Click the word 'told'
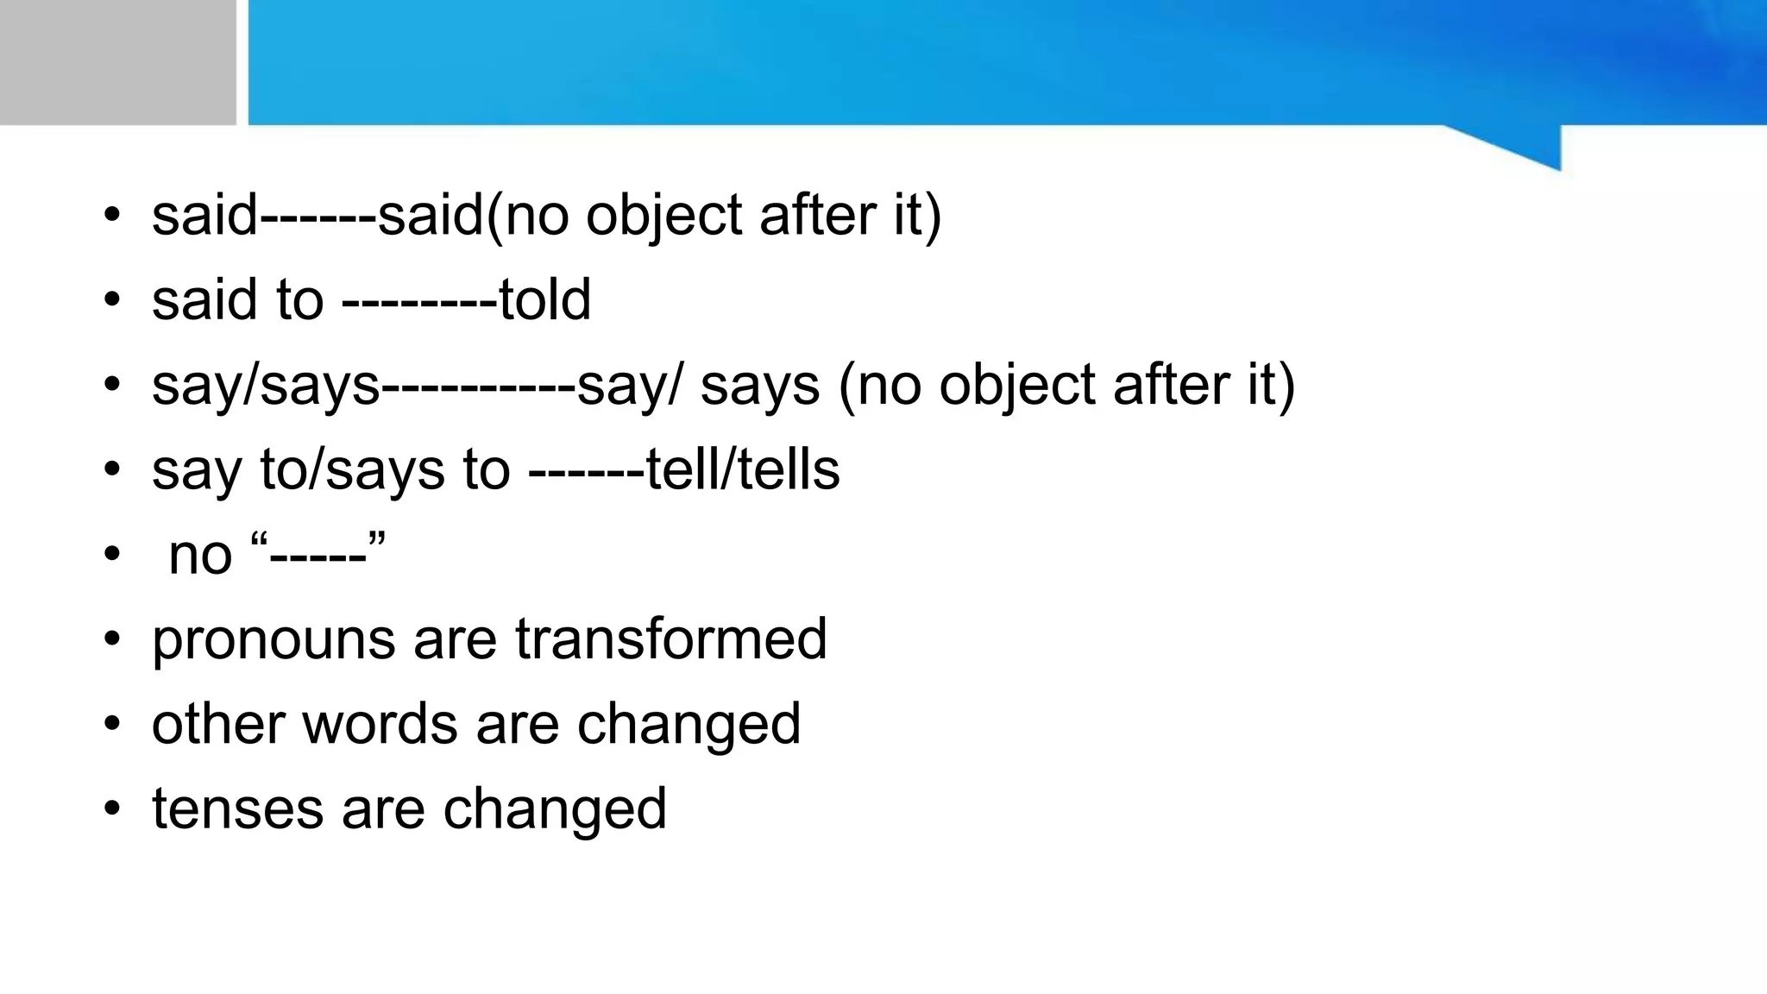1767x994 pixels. pyautogui.click(x=544, y=300)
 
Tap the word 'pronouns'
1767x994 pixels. pyautogui.click(x=274, y=640)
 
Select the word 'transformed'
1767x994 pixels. pyautogui.click(x=671, y=639)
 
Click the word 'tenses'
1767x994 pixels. pyautogui.click(x=237, y=808)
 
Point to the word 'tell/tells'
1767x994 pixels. pyautogui.click(x=743, y=470)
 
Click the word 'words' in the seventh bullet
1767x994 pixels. pyautogui.click(x=380, y=723)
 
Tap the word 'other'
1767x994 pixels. pyautogui.click(x=217, y=723)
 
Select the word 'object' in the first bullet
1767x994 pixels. pyautogui.click(x=663, y=216)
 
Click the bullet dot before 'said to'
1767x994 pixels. pyautogui.click(x=112, y=299)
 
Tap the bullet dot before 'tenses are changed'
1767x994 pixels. pyautogui.click(x=112, y=808)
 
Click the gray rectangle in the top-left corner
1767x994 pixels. pyautogui.click(x=117, y=62)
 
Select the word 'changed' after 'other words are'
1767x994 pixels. pyautogui.click(x=689, y=723)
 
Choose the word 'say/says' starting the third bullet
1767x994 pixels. pyautogui.click(x=266, y=386)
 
